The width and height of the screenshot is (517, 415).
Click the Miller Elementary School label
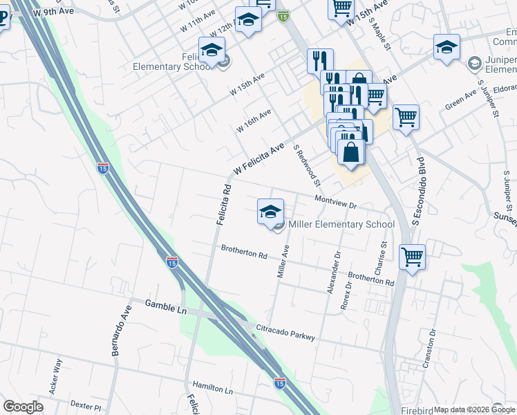click(341, 224)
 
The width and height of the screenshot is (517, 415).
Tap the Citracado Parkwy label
click(285, 331)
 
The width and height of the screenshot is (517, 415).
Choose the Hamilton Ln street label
click(212, 389)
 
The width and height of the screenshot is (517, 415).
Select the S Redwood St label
click(308, 166)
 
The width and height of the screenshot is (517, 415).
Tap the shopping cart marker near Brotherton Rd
click(412, 257)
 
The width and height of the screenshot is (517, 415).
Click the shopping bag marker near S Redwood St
click(351, 151)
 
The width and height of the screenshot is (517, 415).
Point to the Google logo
click(23, 407)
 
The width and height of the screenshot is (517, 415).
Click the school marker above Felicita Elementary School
click(211, 50)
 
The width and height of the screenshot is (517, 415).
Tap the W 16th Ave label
click(254, 120)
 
